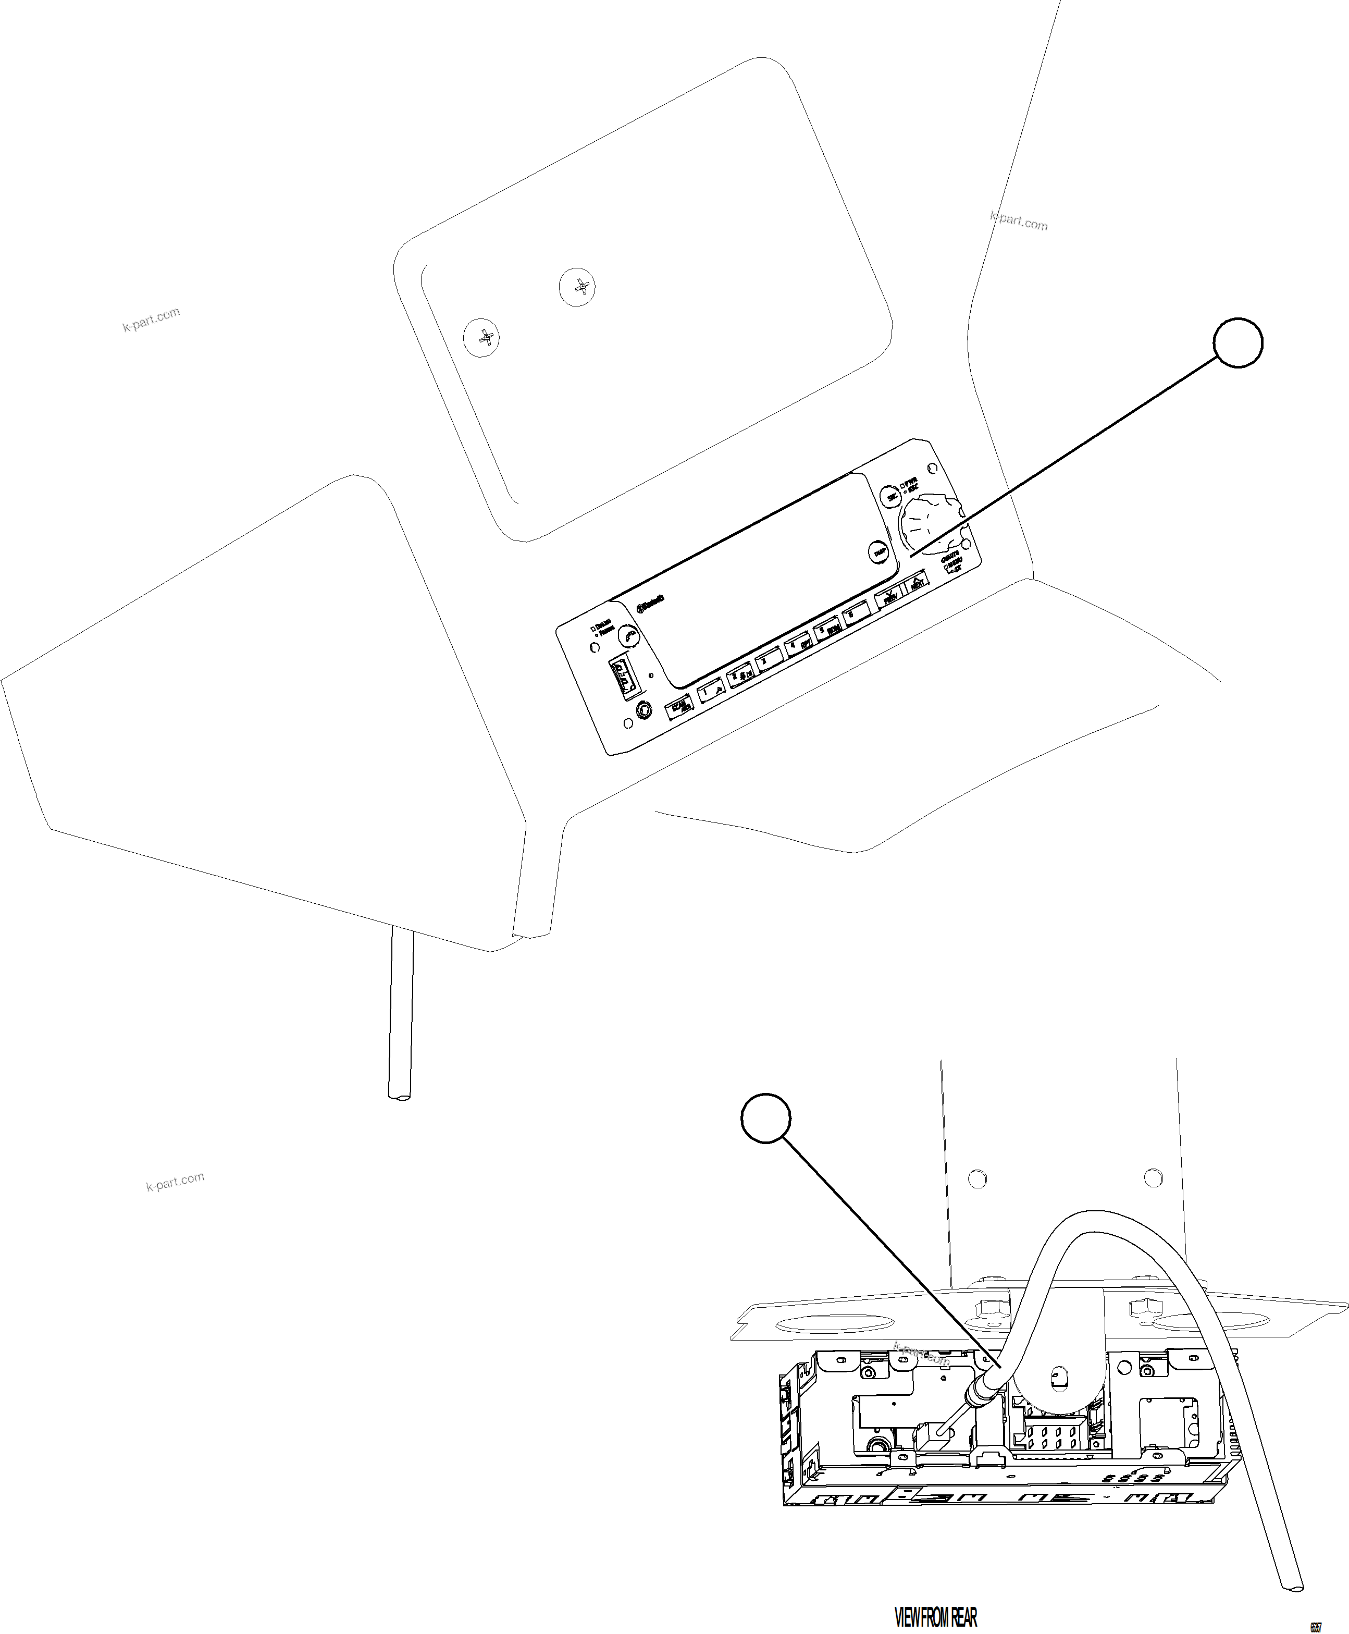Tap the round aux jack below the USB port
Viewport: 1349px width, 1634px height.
[643, 709]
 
